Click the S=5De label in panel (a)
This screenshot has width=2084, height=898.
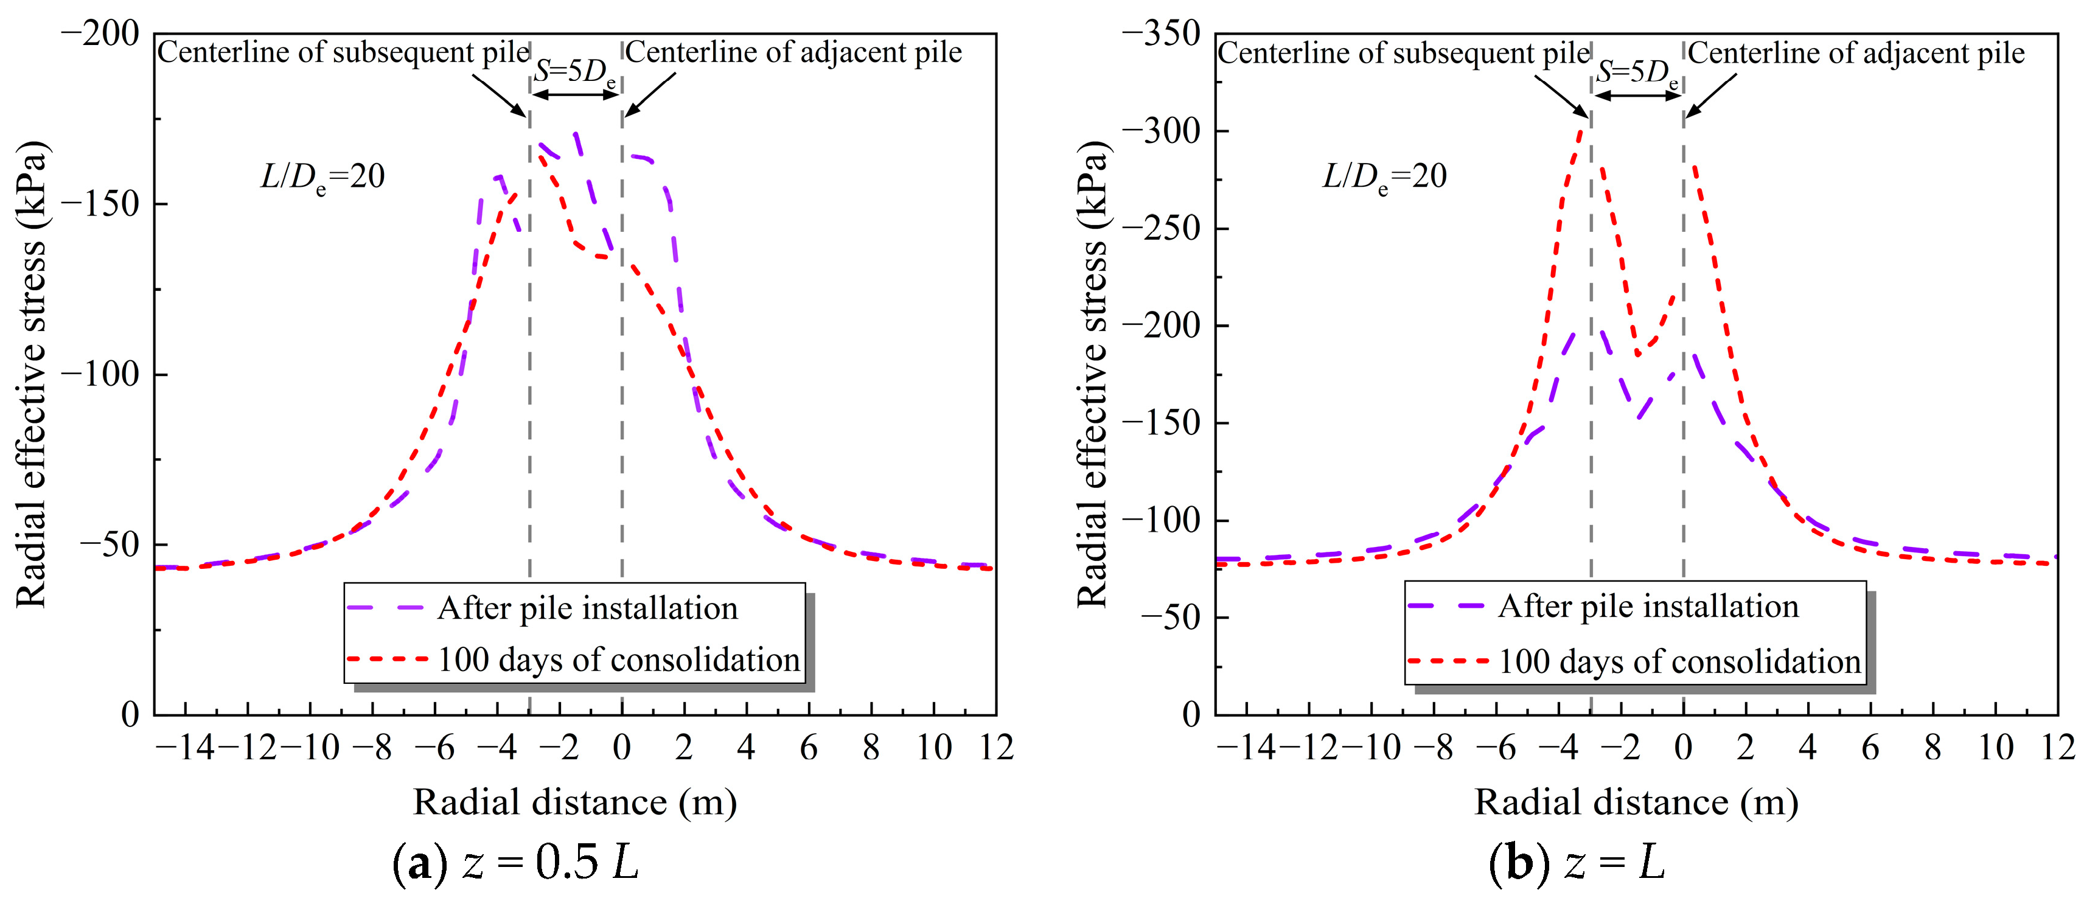pyautogui.click(x=575, y=72)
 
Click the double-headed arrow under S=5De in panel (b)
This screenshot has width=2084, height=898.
pyautogui.click(x=1637, y=96)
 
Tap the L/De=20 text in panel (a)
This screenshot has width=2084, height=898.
pyautogui.click(x=322, y=177)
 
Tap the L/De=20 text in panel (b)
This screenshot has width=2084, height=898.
pyautogui.click(x=1384, y=177)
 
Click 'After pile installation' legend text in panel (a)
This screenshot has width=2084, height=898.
pyautogui.click(x=587, y=608)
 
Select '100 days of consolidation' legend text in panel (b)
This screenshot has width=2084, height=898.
pyautogui.click(x=1679, y=662)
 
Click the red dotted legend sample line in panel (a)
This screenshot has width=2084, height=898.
pyautogui.click(x=387, y=660)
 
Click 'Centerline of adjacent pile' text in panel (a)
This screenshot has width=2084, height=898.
pyautogui.click(x=793, y=52)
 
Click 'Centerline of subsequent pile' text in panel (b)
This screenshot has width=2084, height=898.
pyautogui.click(x=1404, y=54)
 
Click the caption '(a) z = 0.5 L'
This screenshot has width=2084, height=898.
pyautogui.click(x=515, y=862)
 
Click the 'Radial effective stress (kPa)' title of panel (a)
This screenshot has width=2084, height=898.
pyautogui.click(x=32, y=374)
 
